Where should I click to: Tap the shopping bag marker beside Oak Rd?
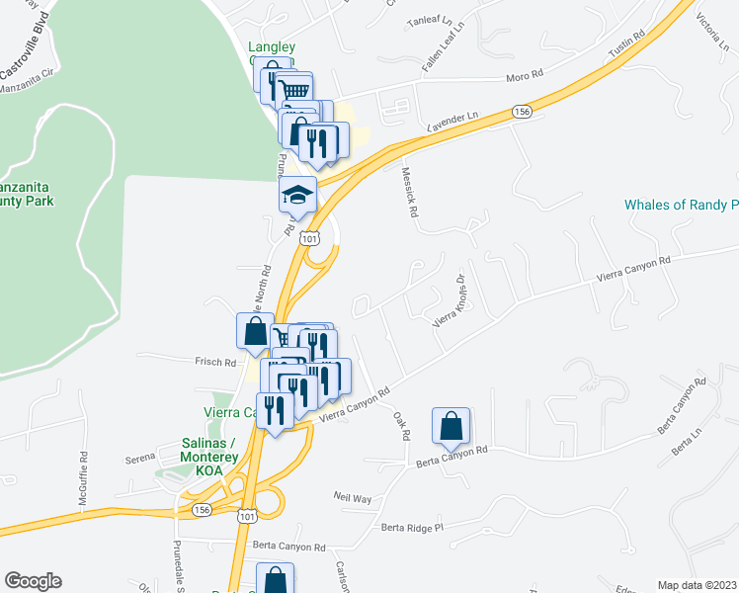[451, 426]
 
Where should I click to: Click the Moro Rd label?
[526, 74]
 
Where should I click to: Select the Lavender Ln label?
[452, 123]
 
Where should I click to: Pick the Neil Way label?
[352, 498]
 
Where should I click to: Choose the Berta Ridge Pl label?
[414, 528]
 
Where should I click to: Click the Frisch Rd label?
[215, 363]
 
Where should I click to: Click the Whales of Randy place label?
[681, 206]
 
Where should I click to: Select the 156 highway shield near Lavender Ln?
[523, 112]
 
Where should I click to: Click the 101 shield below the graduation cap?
[310, 238]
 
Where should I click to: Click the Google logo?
[33, 581]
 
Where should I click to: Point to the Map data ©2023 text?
[697, 585]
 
